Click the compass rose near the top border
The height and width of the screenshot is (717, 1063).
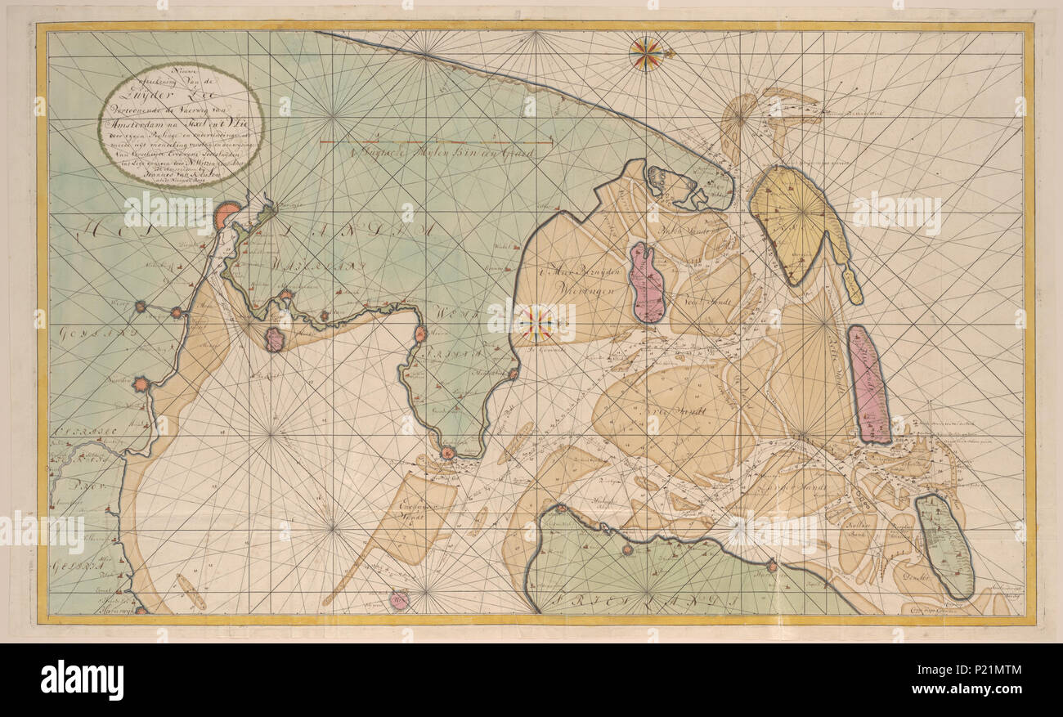coord(646,54)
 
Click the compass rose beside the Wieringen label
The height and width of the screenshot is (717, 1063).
coord(537,323)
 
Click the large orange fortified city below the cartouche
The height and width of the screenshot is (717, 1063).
coord(227,215)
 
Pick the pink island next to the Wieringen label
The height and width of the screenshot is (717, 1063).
coord(647,283)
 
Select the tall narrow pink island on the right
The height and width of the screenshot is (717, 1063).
coord(868,384)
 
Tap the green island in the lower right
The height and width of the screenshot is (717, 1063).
coord(944,545)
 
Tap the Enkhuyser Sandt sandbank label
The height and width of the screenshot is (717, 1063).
coord(419,508)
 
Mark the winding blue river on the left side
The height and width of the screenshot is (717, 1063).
coord(78,459)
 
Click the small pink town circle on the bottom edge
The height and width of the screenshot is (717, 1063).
coord(400,601)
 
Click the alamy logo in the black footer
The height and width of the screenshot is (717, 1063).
coord(82,680)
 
